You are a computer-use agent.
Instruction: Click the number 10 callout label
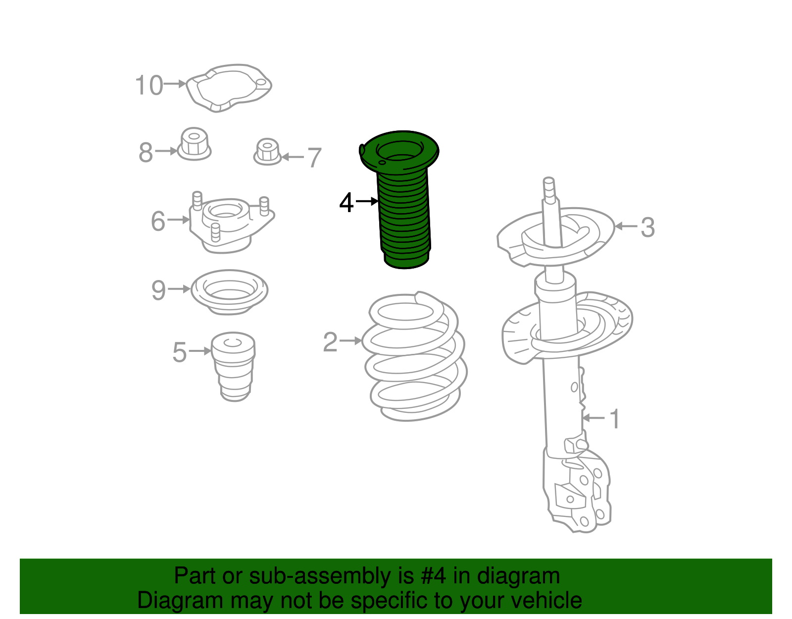click(148, 85)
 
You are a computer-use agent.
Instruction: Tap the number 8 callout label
click(146, 152)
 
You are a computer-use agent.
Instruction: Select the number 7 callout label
click(315, 158)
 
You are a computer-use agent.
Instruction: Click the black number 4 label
click(346, 203)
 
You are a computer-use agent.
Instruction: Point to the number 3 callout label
click(647, 227)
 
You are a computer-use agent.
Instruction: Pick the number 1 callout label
click(614, 419)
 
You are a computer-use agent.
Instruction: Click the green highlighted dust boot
click(403, 208)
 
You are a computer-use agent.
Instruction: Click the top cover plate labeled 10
click(229, 87)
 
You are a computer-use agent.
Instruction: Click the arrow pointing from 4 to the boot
click(367, 201)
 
